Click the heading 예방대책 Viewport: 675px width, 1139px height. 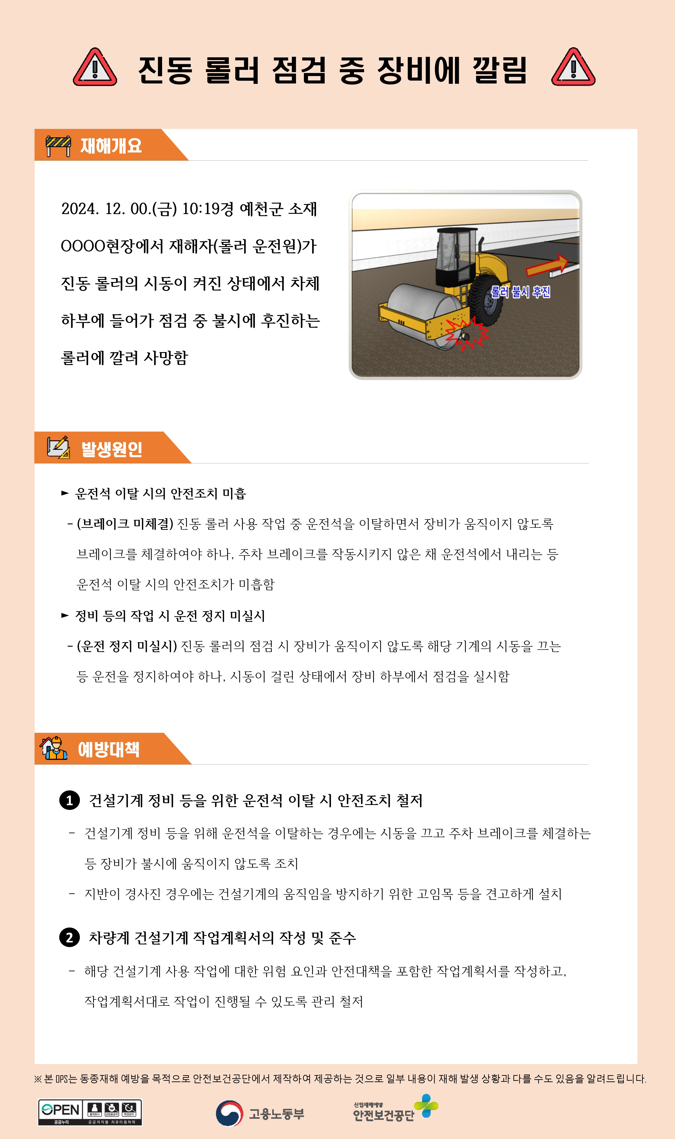coord(109,749)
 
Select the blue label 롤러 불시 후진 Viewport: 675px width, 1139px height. coord(520,292)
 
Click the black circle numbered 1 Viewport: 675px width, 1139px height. coord(70,801)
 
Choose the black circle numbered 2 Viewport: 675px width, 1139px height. coord(70,937)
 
